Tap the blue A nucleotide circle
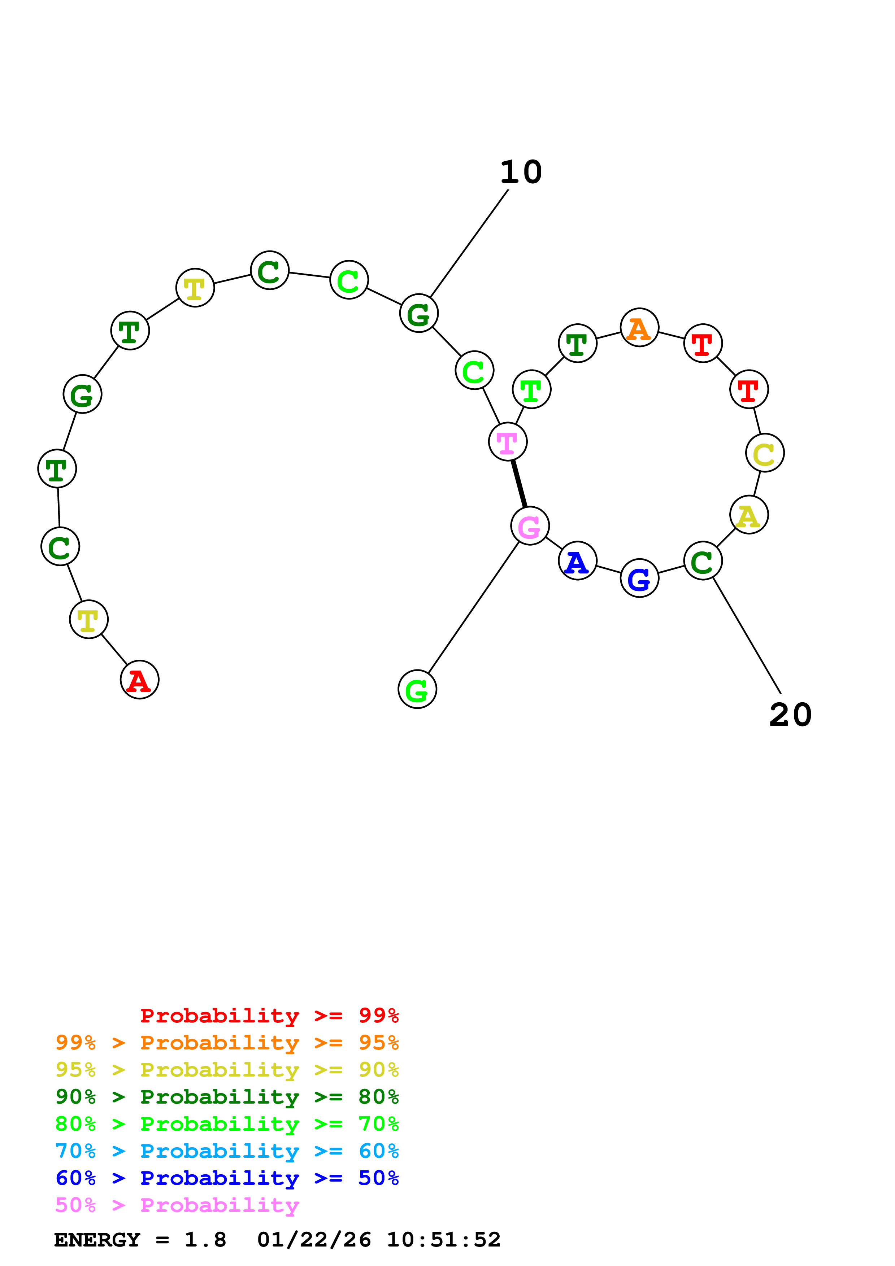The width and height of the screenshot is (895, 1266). click(577, 561)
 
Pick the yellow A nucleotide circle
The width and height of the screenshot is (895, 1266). click(748, 515)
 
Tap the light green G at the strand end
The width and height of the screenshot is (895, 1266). click(417, 689)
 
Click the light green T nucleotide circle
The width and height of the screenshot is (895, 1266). click(531, 389)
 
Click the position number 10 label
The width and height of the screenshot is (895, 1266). click(521, 172)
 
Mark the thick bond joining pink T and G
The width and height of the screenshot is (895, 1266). click(519, 484)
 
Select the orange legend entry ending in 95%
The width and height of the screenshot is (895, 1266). click(227, 1043)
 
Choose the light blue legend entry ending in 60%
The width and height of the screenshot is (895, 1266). click(227, 1151)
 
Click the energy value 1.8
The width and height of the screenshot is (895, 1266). click(205, 1240)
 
